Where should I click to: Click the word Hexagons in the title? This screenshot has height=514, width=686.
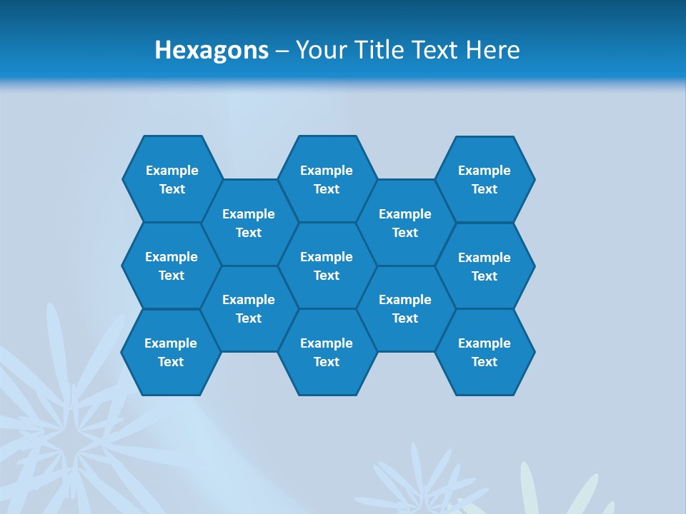point(212,50)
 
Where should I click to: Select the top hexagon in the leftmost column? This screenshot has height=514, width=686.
point(172,179)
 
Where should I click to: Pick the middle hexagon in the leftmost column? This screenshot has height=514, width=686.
point(171,266)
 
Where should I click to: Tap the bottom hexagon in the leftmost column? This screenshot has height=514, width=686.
point(171,352)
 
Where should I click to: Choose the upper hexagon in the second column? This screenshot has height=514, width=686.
point(249,223)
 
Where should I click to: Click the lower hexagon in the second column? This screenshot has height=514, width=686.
point(249,308)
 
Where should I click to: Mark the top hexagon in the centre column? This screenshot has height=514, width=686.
point(327,179)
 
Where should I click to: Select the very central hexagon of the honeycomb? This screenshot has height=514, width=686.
point(327,266)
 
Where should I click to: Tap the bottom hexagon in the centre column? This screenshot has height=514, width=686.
point(327,352)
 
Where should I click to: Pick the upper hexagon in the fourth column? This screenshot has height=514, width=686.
point(405,223)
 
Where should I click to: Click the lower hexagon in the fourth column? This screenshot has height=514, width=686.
point(405,308)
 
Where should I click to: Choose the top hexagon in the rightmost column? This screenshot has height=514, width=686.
point(484,179)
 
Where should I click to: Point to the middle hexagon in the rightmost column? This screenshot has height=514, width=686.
point(484,266)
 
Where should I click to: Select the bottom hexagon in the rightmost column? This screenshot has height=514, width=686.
point(484,352)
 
